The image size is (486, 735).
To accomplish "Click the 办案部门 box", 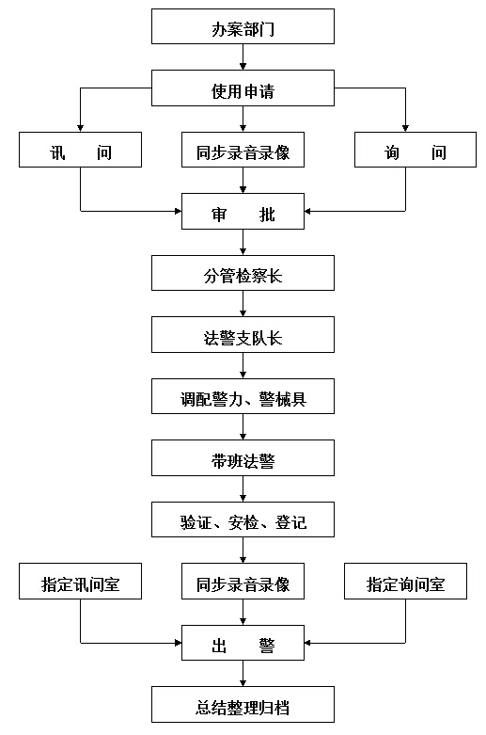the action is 243,26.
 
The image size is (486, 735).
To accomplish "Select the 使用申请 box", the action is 243,88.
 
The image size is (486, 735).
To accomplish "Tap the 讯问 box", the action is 80,150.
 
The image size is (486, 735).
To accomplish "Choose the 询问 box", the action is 415,150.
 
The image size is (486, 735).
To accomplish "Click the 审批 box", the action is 243,212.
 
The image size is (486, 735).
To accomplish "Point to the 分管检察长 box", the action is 243,273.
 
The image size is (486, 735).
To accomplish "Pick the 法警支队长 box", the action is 243,335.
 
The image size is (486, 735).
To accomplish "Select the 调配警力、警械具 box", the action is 243,396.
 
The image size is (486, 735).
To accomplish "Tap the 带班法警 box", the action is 243,458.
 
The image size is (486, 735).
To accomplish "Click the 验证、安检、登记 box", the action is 243,519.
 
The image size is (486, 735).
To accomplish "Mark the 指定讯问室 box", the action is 80,582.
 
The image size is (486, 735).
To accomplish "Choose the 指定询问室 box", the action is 405,582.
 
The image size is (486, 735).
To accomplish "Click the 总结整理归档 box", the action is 243,705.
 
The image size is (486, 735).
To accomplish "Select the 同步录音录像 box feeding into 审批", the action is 243,150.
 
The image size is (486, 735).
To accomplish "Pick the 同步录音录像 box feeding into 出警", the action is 243,582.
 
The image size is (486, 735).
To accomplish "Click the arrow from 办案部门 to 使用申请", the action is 243,57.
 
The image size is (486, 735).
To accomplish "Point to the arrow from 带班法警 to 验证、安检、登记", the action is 243,489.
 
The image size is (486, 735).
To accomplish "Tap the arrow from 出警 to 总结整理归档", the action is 243,674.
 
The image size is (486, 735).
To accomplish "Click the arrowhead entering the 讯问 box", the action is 80,128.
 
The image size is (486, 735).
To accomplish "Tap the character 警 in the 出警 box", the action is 267,646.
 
